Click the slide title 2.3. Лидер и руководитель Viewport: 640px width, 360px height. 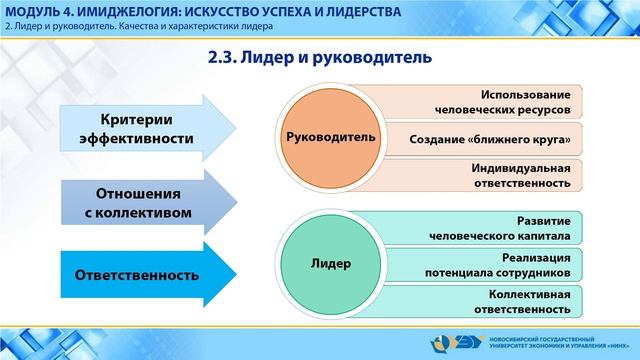coord(319,58)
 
